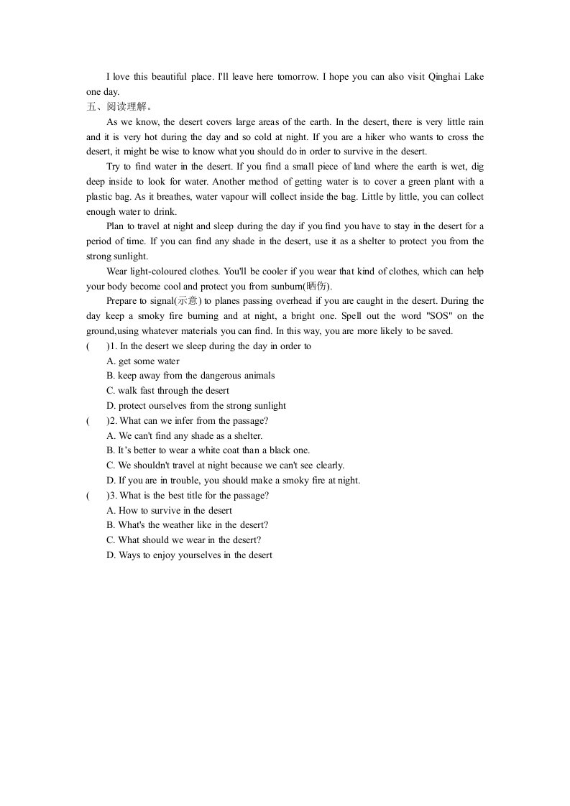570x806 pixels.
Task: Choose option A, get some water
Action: click(x=143, y=361)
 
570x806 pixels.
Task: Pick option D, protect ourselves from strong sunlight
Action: click(x=196, y=406)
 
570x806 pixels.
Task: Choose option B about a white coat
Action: click(x=208, y=450)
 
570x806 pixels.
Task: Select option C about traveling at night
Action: click(x=225, y=465)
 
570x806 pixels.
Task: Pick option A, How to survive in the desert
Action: click(x=169, y=511)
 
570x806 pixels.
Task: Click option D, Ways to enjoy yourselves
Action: click(x=189, y=555)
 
